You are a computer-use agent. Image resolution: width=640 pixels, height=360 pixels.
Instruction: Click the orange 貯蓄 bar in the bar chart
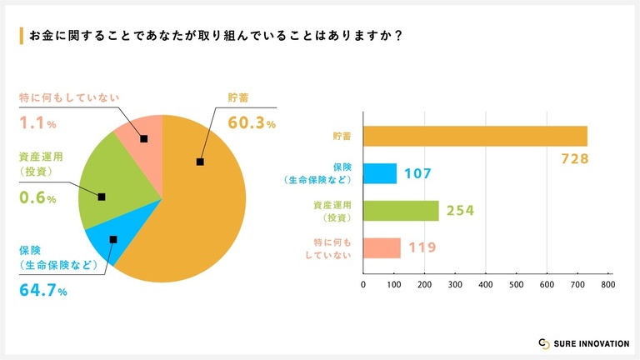coord(475,136)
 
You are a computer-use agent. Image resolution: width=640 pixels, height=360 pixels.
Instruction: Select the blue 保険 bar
coord(380,173)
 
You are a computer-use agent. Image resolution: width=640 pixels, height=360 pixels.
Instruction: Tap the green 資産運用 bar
coord(401,211)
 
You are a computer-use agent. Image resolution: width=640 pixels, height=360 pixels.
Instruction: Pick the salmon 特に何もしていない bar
coord(382,248)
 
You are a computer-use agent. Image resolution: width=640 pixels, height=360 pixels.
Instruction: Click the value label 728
coord(576,158)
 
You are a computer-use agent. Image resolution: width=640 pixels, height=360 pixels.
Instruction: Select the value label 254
coord(460,211)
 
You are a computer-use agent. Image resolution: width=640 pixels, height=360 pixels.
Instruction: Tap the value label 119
coord(422,247)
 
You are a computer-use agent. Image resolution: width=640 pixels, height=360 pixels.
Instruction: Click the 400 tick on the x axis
coord(486,284)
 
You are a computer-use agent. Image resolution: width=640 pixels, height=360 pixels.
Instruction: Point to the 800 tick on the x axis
coord(607,284)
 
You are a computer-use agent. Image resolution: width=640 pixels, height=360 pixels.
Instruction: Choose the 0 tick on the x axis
coord(363,284)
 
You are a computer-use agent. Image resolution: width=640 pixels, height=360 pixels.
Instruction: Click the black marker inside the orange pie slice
coord(200,162)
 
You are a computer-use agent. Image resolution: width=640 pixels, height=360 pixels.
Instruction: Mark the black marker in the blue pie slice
coord(113,239)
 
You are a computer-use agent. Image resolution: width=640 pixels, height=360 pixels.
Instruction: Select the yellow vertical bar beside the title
coord(21,36)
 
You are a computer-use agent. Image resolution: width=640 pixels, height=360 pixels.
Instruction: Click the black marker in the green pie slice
coord(102,197)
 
